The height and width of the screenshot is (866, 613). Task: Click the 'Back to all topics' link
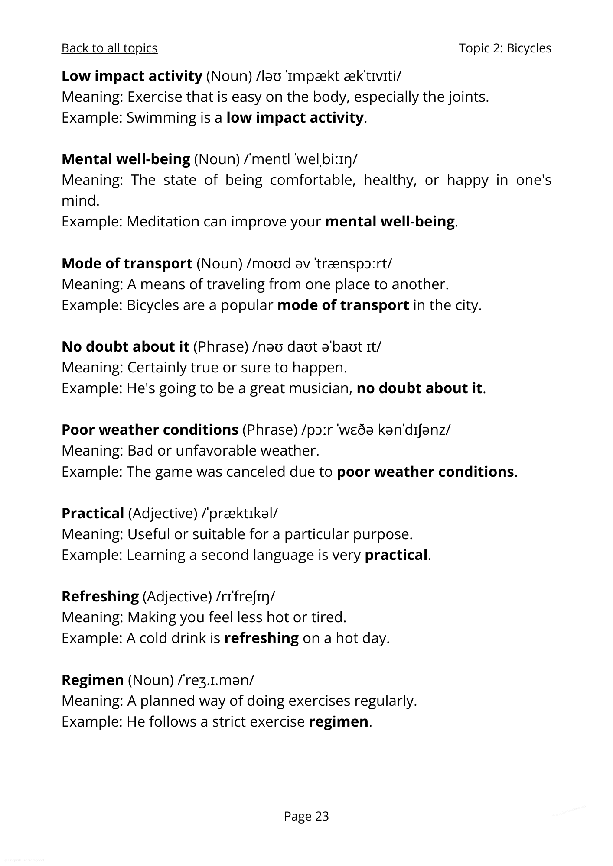tap(109, 48)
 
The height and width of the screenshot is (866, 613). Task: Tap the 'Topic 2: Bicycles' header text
tap(505, 48)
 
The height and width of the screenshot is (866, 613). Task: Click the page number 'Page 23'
tap(306, 816)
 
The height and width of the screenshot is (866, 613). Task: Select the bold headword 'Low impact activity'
tap(132, 76)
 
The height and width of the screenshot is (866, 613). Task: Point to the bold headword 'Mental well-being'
tap(126, 159)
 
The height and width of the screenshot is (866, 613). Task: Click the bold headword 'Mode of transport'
tap(127, 263)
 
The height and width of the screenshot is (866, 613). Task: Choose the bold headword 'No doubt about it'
tap(125, 346)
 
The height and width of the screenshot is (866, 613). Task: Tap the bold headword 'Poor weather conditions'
tap(150, 430)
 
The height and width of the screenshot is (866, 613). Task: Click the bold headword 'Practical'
tap(93, 513)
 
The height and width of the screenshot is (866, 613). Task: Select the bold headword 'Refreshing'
tap(100, 596)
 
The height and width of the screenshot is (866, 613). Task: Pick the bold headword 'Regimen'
tap(93, 680)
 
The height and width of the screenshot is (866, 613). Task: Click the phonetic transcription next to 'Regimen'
tap(216, 680)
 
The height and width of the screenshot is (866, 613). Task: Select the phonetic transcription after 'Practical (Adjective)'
tap(240, 513)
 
